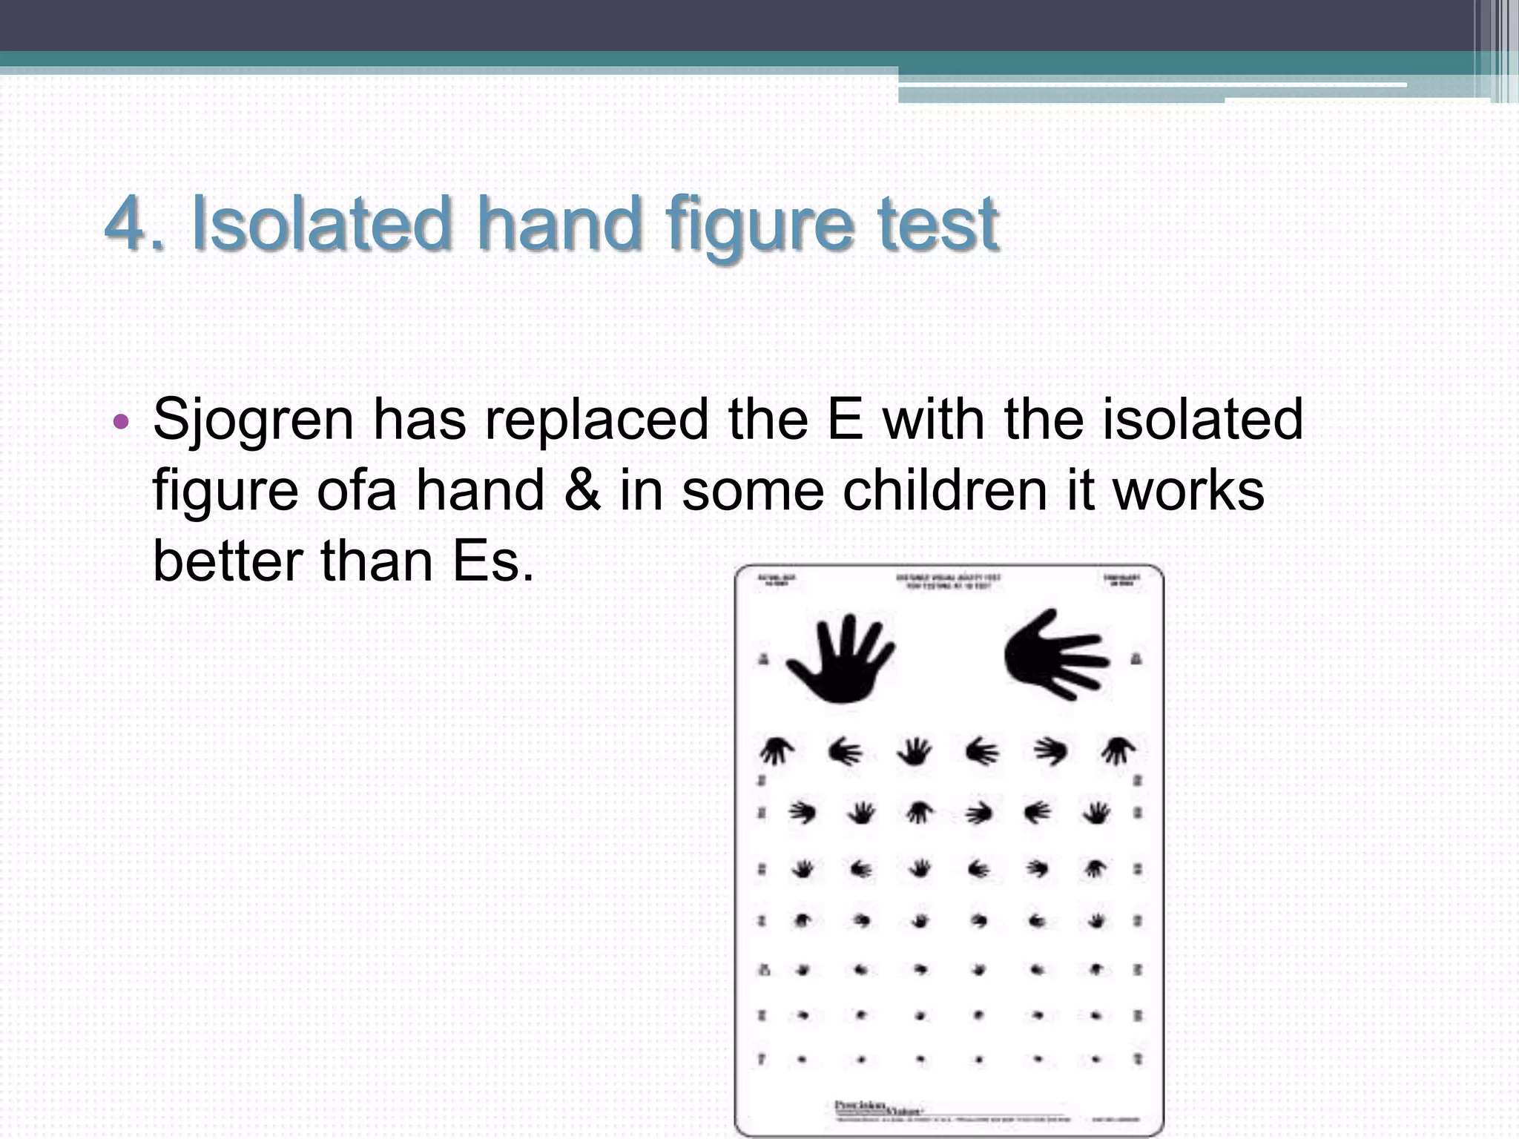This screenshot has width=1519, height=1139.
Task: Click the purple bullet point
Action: [x=121, y=423]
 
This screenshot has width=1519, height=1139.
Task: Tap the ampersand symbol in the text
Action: [x=582, y=490]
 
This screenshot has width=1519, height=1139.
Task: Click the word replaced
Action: [x=597, y=420]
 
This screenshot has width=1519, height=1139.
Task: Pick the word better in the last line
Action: [x=227, y=561]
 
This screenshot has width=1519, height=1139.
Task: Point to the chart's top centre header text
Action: [x=949, y=582]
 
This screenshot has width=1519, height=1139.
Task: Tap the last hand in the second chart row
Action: [x=1118, y=751]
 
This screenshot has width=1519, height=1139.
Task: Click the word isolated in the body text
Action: [x=1202, y=420]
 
